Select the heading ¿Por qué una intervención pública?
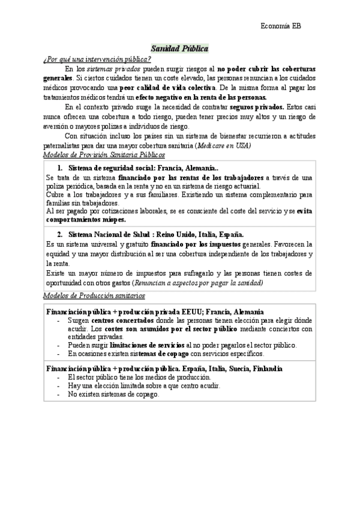click(x=96, y=59)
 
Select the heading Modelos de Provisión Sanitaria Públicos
click(x=104, y=155)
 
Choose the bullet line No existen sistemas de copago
click(x=114, y=394)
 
